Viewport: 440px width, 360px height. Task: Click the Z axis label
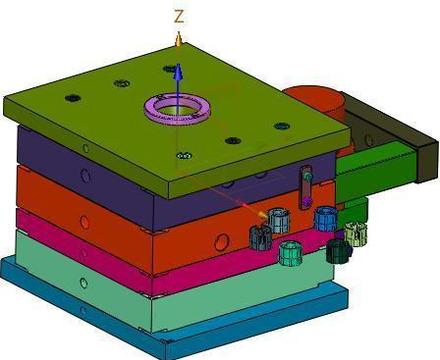pos(179,16)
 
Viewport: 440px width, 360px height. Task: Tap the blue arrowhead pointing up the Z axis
pos(179,71)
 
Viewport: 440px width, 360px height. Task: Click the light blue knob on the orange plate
pos(279,221)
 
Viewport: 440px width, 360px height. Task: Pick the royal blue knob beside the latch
pos(325,219)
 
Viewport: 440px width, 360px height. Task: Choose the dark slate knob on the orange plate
pos(260,237)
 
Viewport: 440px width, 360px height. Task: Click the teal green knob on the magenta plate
pos(291,254)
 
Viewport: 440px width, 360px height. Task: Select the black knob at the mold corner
pos(338,251)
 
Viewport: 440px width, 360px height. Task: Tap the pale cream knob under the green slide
pos(355,234)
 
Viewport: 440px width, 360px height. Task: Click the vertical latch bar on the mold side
pos(306,187)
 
